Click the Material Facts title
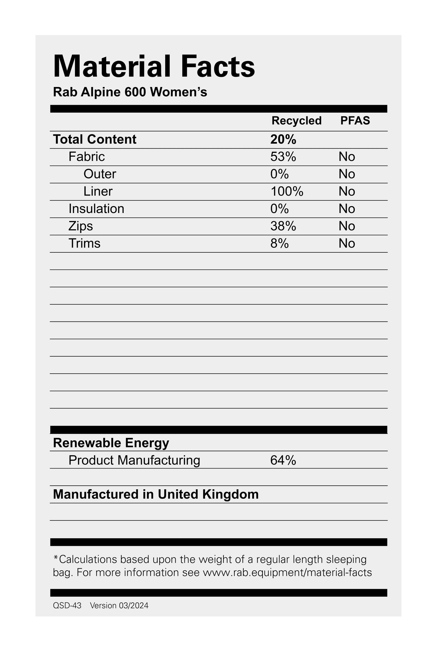point(154,66)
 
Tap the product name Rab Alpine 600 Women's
point(130,92)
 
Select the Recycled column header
point(296,121)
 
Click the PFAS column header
point(355,121)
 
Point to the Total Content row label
point(95,139)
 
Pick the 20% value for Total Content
point(283,139)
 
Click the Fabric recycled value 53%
point(283,157)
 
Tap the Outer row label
point(100,174)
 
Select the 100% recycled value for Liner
point(287,191)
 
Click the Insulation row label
point(96,209)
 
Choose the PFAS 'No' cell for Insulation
point(347,209)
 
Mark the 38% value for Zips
point(283,226)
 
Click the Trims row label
point(84,243)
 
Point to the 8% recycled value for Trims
point(279,243)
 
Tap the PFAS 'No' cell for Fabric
point(347,157)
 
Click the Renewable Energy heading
point(111,443)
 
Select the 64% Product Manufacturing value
point(283,460)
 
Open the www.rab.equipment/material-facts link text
point(287,572)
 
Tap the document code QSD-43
point(67,605)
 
